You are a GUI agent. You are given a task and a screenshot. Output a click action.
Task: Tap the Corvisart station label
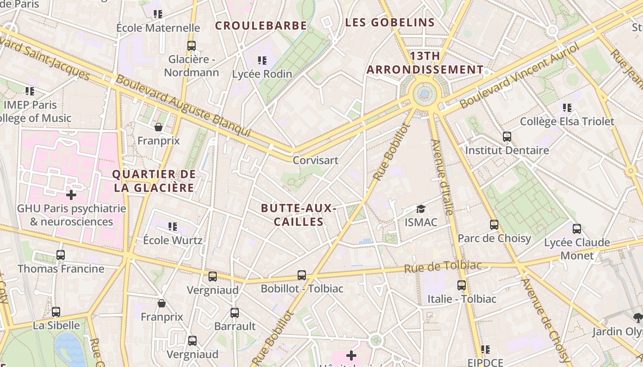coord(316,161)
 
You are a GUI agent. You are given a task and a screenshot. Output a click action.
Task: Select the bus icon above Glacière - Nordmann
coord(192,46)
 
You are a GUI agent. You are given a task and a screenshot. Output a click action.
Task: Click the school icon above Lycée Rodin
coord(262,61)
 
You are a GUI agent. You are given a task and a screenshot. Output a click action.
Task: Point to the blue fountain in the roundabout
coord(425,95)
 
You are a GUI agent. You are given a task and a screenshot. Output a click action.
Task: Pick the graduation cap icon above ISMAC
coord(421,209)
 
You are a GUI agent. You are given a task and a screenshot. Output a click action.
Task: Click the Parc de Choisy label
coord(494,239)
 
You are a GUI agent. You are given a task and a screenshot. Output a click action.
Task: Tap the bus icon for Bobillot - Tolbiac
coord(302,275)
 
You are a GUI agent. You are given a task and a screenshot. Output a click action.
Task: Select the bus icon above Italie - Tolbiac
coord(462,285)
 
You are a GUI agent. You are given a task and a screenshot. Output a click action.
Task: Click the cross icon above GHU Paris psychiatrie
coord(71,195)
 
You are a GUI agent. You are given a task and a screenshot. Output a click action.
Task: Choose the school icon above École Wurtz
coord(173,226)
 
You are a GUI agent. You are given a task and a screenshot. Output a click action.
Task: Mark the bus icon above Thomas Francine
coord(61,255)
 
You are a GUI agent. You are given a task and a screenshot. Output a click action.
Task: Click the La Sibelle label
coord(56,326)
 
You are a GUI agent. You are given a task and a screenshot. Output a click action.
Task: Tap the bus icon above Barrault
coord(235,313)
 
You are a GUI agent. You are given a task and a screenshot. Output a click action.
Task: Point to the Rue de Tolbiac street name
coord(442,267)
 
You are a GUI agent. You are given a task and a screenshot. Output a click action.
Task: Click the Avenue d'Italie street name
coord(442,177)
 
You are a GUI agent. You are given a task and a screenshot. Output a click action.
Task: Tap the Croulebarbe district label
coord(261,26)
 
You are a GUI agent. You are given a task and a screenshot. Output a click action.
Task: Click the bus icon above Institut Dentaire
coord(507,137)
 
